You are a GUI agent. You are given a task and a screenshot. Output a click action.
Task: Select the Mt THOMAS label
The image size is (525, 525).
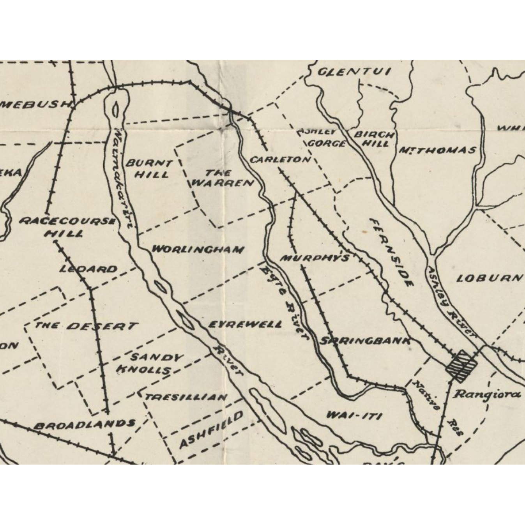pyautogui.click(x=437, y=150)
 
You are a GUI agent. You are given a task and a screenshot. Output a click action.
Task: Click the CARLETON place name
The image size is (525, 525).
pyautogui.click(x=280, y=160)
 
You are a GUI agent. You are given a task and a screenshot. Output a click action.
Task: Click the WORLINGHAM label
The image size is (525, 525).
pyautogui.click(x=198, y=249)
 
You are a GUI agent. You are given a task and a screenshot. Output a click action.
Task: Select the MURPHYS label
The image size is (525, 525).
pyautogui.click(x=315, y=258)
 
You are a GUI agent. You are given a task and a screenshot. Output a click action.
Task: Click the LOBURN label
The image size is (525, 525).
pyautogui.click(x=490, y=278)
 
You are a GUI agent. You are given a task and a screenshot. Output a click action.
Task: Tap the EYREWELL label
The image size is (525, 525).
pyautogui.click(x=246, y=324)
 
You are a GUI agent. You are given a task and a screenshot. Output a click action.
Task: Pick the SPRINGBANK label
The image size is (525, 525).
pyautogui.click(x=365, y=341)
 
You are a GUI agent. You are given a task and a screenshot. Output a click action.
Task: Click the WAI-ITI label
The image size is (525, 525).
pyautogui.click(x=354, y=415)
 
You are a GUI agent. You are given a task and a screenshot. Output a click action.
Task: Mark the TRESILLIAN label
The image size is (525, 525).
pyautogui.click(x=186, y=398)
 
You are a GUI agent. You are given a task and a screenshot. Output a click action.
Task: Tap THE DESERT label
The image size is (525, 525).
pyautogui.click(x=86, y=326)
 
